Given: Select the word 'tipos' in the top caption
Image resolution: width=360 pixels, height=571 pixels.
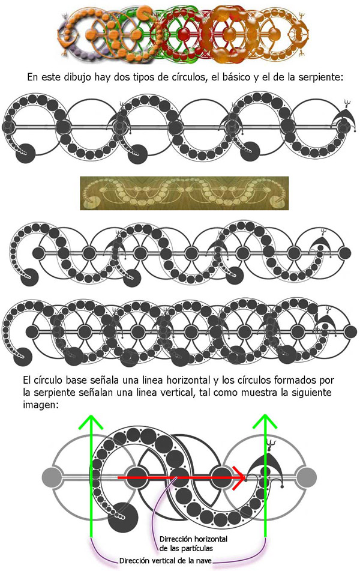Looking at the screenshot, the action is click(x=146, y=78).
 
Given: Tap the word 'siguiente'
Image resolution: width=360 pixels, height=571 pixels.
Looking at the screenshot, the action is click(x=313, y=393).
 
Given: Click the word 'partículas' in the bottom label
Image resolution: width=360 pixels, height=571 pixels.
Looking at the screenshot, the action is click(x=195, y=548).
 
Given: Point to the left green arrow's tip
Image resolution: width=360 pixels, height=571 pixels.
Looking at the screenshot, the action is click(x=91, y=414).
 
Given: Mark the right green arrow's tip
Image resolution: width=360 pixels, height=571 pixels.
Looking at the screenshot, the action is click(x=265, y=414).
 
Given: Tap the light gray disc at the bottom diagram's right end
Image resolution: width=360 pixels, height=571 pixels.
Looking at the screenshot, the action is click(x=307, y=477).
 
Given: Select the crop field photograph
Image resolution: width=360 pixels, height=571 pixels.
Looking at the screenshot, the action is click(x=184, y=193).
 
